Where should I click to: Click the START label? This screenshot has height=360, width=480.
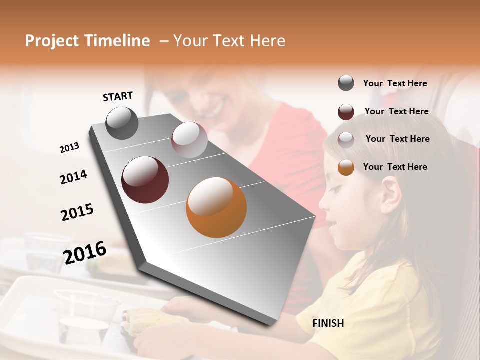118,96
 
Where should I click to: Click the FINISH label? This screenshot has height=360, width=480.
328,323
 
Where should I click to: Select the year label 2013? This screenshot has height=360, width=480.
69,148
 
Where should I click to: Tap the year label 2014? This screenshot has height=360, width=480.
73,177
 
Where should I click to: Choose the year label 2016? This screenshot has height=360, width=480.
85,253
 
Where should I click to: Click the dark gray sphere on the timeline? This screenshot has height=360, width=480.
122,123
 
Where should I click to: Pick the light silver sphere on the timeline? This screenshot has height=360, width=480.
189,140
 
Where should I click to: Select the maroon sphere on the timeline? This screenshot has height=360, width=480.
145,180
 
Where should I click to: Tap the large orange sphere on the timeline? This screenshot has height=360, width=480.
216,207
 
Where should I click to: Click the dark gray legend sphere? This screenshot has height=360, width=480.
346,83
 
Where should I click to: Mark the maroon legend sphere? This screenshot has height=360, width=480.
346,112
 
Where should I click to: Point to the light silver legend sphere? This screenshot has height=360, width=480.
346,139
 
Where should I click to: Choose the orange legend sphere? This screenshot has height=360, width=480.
346,167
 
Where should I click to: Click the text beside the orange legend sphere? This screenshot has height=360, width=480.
395,167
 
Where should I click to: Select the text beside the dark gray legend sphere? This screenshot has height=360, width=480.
395,83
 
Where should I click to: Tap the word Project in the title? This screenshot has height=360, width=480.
52,41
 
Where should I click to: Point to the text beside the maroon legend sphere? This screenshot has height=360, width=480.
397,111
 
